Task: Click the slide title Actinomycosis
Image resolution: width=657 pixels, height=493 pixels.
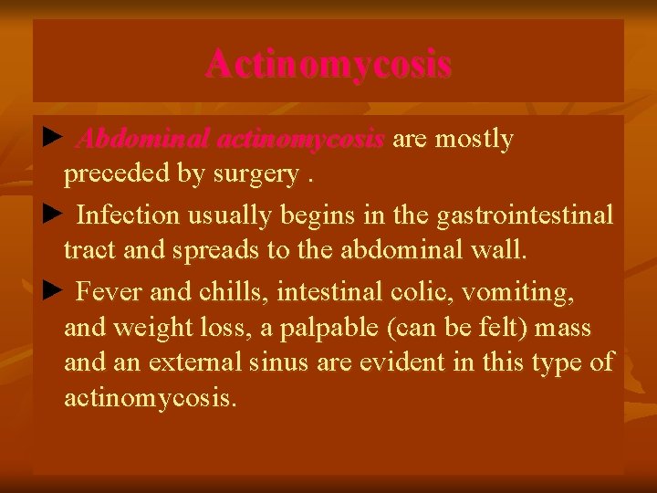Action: coord(328,65)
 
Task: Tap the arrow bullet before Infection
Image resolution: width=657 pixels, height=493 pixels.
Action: coord(51,215)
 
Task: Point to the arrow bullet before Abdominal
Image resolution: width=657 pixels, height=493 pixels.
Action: coord(51,139)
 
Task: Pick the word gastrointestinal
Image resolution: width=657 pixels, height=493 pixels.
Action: coord(525,215)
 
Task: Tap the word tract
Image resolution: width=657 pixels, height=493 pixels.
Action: coord(86,250)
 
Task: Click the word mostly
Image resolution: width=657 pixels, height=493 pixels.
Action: coord(474,140)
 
